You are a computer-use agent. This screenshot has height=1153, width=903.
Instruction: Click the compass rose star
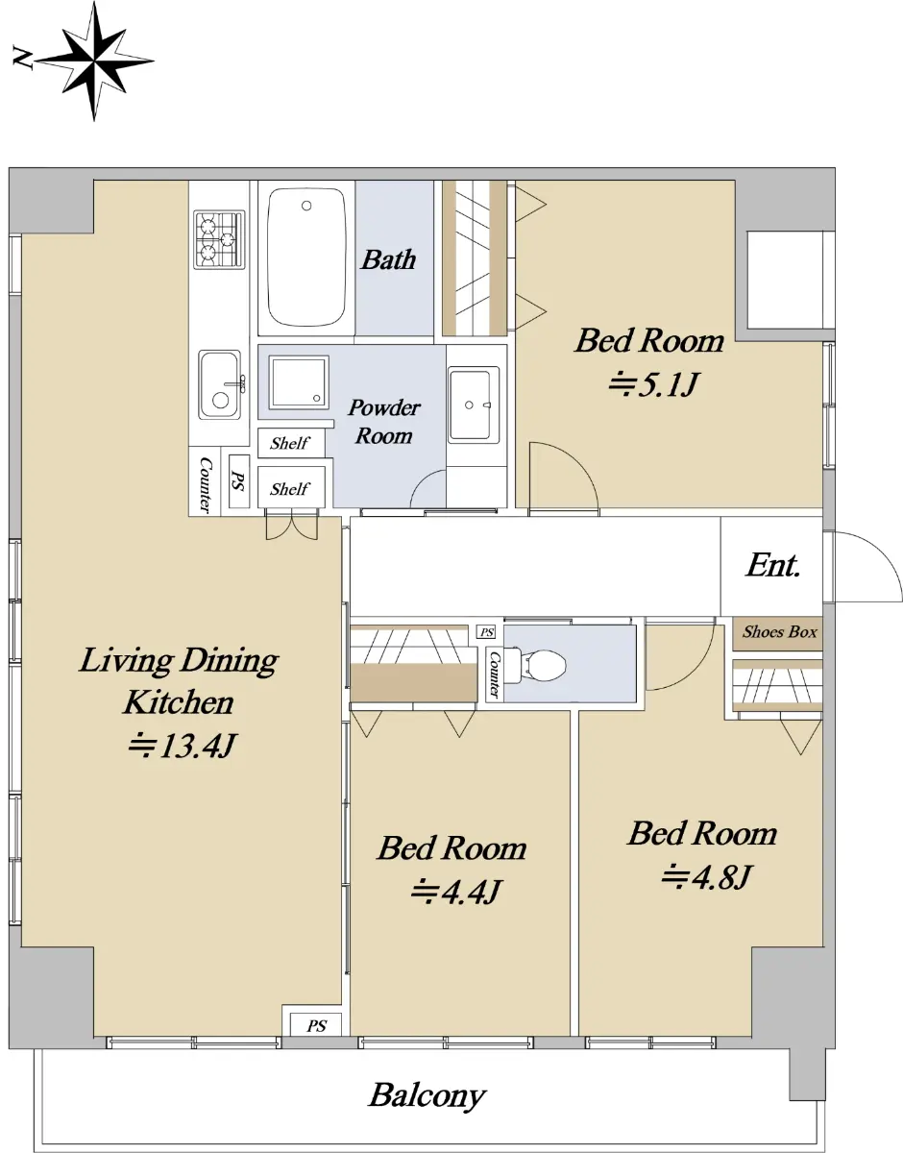click(x=95, y=61)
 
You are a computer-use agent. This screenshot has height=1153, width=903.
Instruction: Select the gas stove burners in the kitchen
click(x=220, y=239)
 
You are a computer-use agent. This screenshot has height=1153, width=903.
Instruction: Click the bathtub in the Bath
click(x=306, y=257)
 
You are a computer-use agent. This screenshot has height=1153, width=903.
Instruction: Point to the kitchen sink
click(x=220, y=384)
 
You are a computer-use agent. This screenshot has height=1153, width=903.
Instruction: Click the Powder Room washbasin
click(x=474, y=405)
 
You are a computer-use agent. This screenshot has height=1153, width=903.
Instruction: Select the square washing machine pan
click(x=299, y=382)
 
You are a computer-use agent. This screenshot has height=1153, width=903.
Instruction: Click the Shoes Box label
click(x=779, y=631)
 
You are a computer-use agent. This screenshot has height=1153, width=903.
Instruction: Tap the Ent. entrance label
click(x=772, y=565)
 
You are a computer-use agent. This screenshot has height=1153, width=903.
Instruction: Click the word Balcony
click(x=427, y=1096)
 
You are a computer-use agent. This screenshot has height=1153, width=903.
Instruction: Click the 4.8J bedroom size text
click(x=706, y=876)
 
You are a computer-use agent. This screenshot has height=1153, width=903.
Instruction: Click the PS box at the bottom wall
click(x=316, y=1025)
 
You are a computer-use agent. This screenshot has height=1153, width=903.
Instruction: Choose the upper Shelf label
click(x=289, y=443)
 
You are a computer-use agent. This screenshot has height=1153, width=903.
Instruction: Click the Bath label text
click(x=388, y=259)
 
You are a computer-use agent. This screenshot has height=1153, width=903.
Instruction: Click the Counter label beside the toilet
click(x=494, y=675)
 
